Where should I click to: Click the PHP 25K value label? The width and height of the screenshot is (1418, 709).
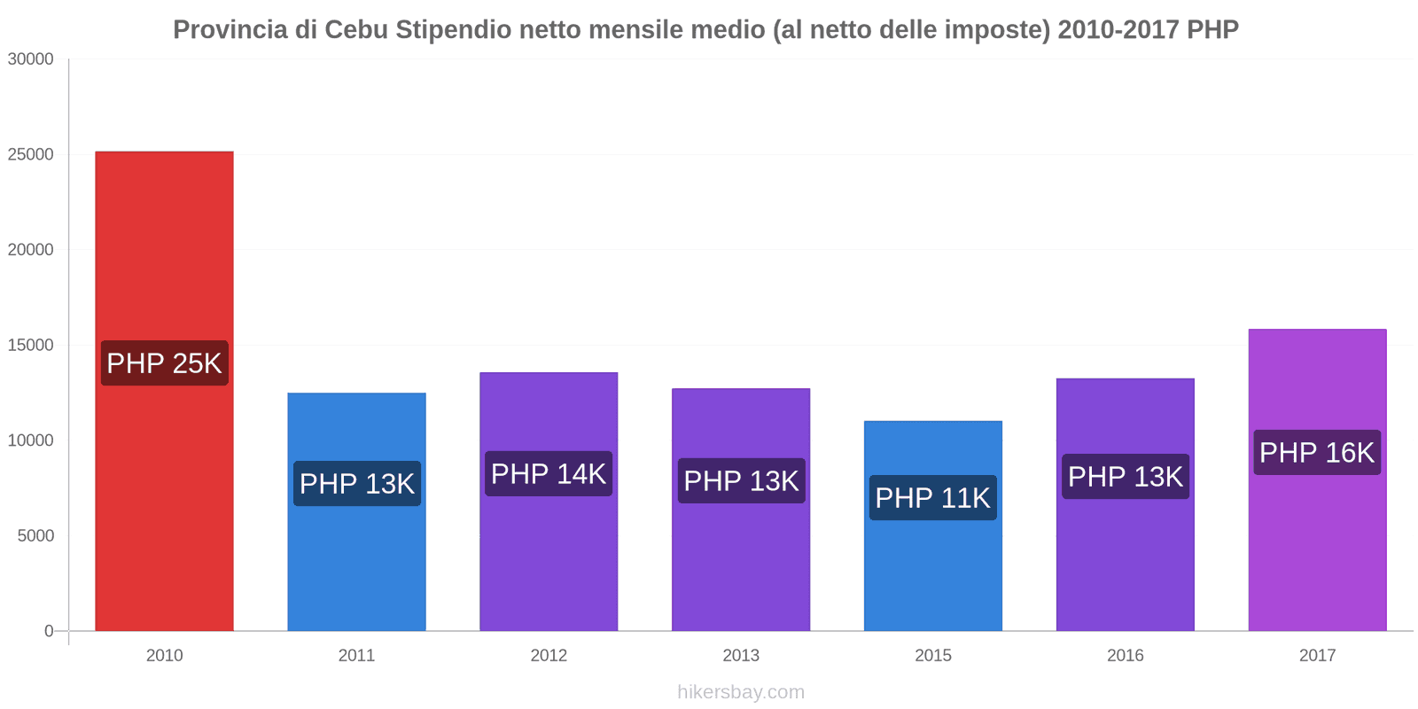pyautogui.click(x=164, y=363)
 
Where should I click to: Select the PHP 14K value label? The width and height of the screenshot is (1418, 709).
pyautogui.click(x=549, y=474)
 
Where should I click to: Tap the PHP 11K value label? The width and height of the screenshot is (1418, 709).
pyautogui.click(x=932, y=498)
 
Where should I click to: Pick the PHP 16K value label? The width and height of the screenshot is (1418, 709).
pyautogui.click(x=1317, y=453)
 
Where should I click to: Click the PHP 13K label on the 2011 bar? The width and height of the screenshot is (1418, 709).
pyautogui.click(x=356, y=484)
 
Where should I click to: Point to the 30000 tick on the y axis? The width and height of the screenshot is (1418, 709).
pyautogui.click(x=31, y=59)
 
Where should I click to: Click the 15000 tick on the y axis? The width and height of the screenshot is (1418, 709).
pyautogui.click(x=31, y=346)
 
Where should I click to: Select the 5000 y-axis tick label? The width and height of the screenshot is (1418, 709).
pyautogui.click(x=35, y=536)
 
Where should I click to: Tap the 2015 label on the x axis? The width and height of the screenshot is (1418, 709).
pyautogui.click(x=932, y=656)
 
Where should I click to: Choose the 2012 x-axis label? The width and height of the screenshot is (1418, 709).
pyautogui.click(x=549, y=656)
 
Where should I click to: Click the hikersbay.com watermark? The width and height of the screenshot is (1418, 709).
pyautogui.click(x=741, y=692)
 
